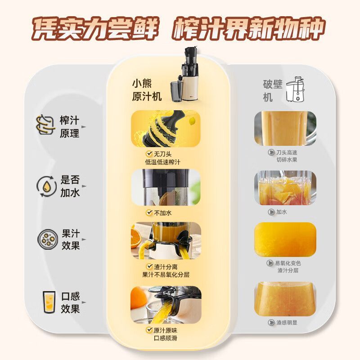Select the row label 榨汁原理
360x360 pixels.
click(69, 127)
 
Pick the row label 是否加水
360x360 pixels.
click(70, 186)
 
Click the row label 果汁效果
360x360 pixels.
click(71, 239)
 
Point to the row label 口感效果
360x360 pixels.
click(70, 302)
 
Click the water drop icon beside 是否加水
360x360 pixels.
click(46, 186)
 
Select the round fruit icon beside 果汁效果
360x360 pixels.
click(47, 239)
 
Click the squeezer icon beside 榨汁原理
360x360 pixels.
click(46, 125)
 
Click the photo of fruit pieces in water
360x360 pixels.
click(285, 188)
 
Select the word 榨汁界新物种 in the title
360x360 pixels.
click(249, 28)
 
